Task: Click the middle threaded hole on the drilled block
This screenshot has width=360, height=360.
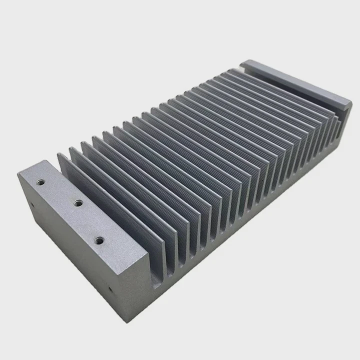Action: click(x=78, y=203)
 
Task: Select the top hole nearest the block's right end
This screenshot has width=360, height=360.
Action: click(x=99, y=241)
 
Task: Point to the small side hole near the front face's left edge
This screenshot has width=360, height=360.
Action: click(x=32, y=204)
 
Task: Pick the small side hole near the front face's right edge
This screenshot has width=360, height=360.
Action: click(x=110, y=288)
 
